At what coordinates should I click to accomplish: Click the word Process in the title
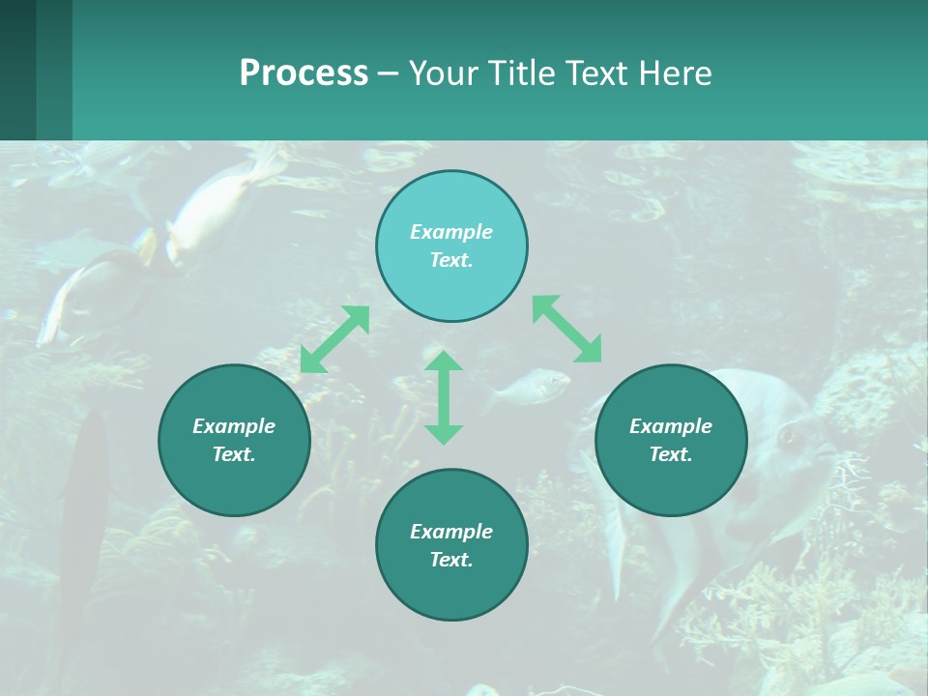[x=304, y=72]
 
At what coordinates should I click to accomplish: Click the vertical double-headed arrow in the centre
[x=444, y=397]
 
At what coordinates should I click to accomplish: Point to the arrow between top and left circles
[x=334, y=339]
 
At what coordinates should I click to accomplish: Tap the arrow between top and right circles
[x=567, y=329]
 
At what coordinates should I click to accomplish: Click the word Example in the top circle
[x=451, y=232]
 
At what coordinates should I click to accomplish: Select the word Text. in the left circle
[x=234, y=454]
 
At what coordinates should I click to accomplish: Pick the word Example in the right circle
[x=671, y=426]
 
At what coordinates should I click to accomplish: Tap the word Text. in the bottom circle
[x=451, y=560]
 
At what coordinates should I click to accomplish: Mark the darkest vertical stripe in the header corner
[x=17, y=70]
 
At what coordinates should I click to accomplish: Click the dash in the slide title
[x=389, y=73]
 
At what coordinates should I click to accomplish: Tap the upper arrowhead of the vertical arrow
[x=444, y=362]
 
